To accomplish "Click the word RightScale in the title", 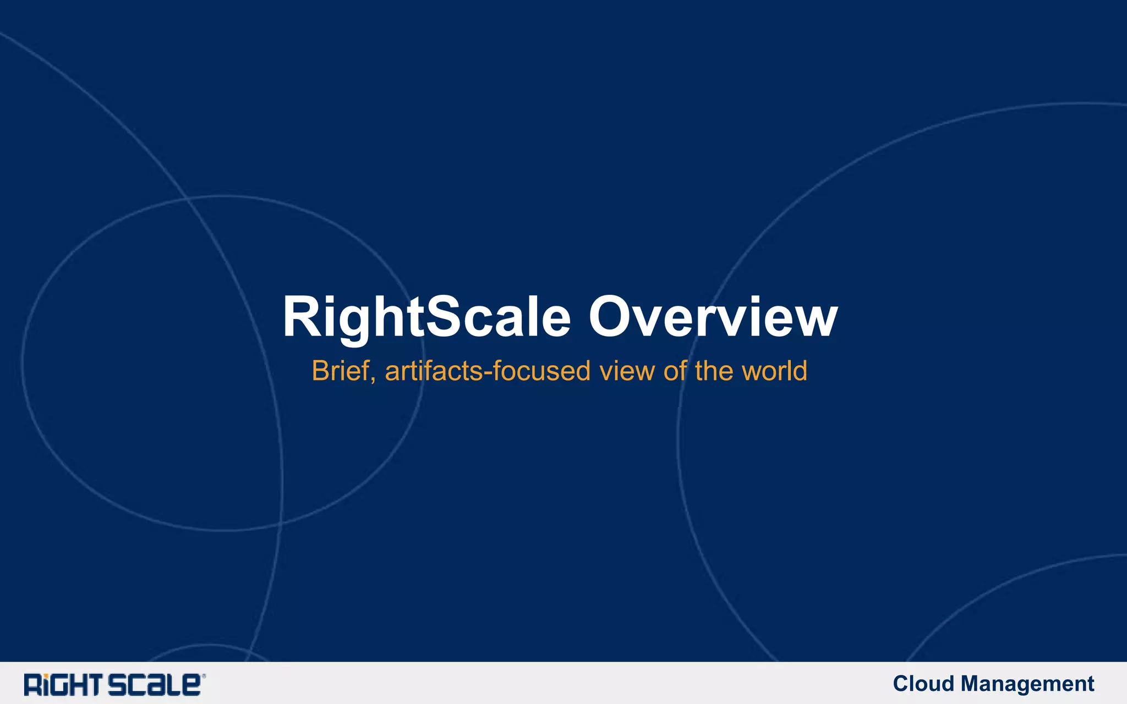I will (x=426, y=317).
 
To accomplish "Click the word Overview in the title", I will (x=713, y=317).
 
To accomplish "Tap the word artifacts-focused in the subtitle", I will (x=488, y=371).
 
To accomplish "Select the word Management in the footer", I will (x=1027, y=684).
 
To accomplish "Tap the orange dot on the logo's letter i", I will (x=47, y=676).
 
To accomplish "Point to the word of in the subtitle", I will (x=675, y=371).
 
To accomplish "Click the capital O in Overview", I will (x=612, y=317).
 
